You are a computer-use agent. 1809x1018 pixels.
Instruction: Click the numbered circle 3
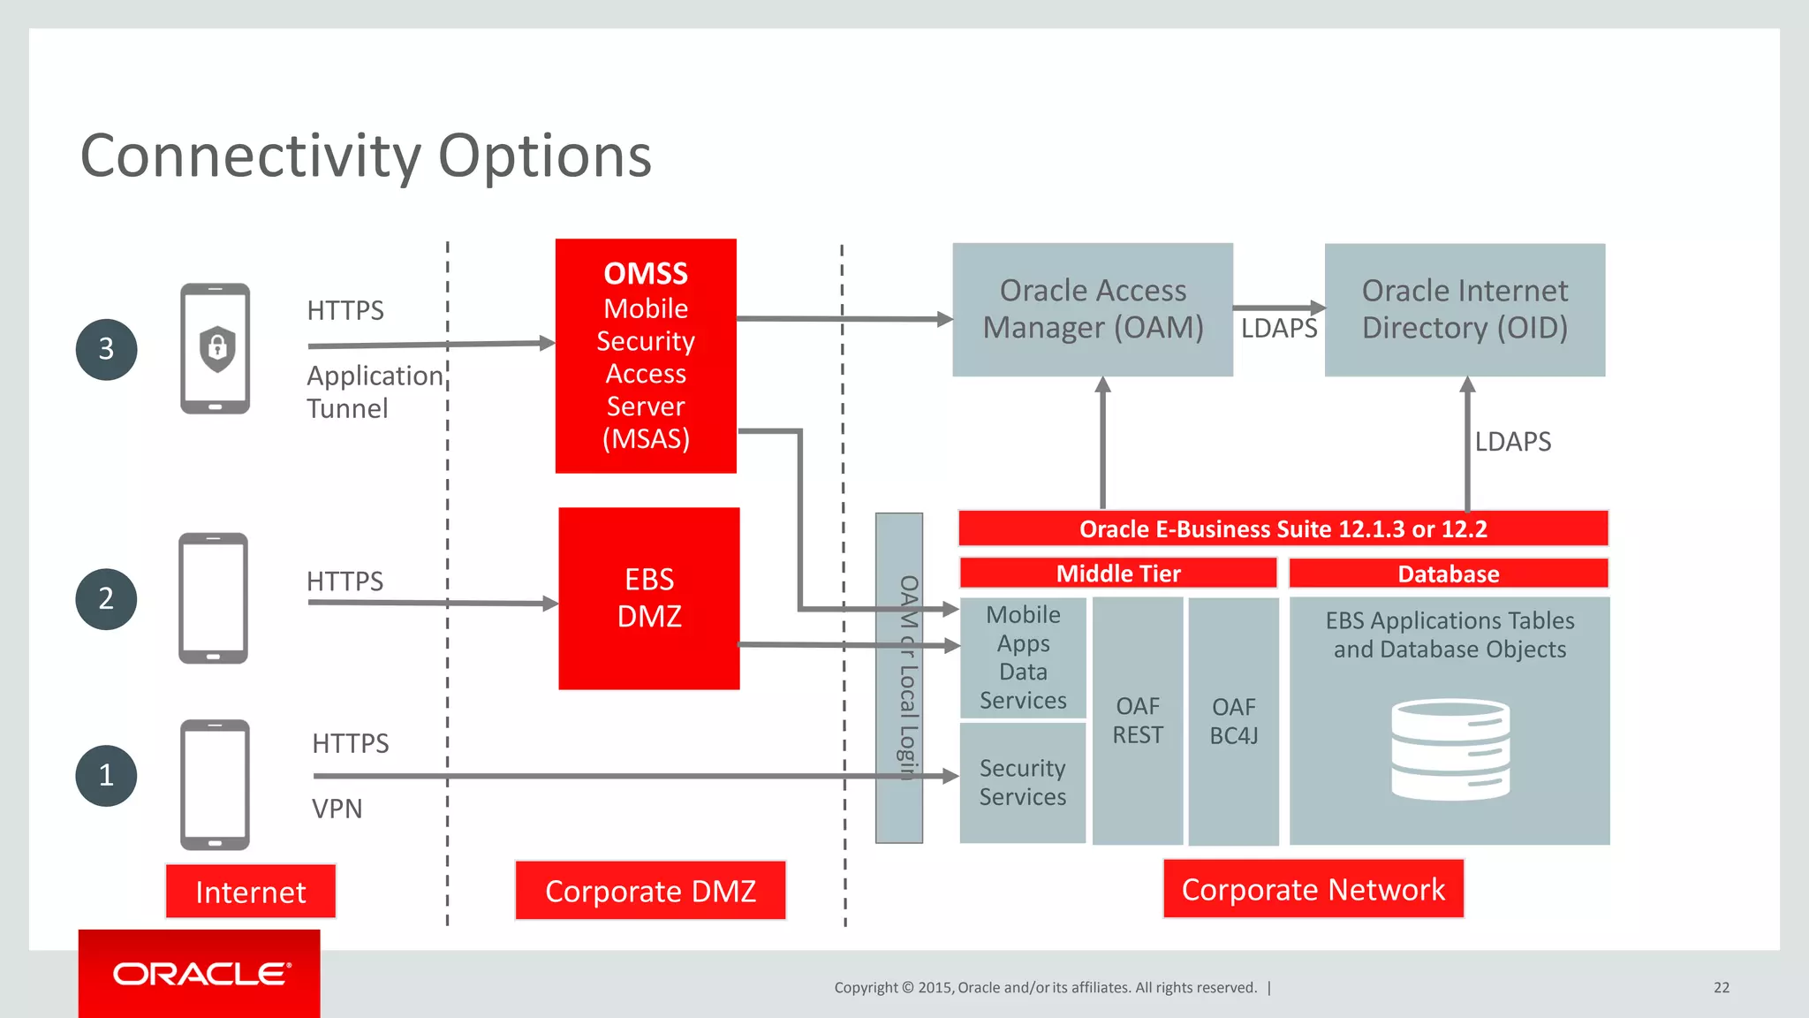pos(106,350)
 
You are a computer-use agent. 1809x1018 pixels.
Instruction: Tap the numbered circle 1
pos(106,776)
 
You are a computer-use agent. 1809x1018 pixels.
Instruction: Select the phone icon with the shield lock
pos(216,349)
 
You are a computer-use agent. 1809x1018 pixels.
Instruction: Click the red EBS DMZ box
pos(649,598)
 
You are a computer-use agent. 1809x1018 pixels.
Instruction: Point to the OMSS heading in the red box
pos(646,274)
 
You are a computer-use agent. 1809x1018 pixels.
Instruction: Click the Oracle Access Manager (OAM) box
pos(1093,309)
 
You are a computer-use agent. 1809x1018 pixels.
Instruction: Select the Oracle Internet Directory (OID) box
pos(1465,309)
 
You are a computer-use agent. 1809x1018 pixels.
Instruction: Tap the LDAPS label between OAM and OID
pos(1278,329)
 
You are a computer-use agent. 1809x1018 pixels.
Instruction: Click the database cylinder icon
pos(1449,749)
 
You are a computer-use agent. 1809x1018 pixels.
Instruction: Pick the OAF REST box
pos(1138,720)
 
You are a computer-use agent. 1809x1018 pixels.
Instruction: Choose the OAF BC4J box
pos(1233,721)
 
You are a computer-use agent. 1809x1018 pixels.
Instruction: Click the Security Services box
pos(1023,783)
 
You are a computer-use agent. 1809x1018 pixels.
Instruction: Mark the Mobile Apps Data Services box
pos(1023,657)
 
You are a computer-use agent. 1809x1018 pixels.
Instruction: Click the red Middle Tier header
pos(1118,574)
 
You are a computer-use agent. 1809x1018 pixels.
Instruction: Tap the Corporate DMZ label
pos(650,891)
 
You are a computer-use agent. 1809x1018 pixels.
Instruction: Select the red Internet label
pos(251,892)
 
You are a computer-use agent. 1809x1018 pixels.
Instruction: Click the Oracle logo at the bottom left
pos(201,974)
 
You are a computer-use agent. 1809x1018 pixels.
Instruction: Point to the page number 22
pos(1721,988)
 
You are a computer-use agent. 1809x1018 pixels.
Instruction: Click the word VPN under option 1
pos(337,809)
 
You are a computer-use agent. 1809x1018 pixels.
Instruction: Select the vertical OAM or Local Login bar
pos(899,678)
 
